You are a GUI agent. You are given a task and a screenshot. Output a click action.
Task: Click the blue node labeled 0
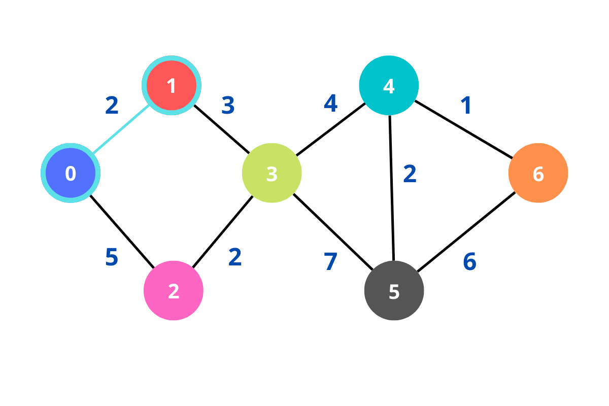[x=71, y=173]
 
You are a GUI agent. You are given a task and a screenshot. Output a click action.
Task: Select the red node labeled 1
[x=172, y=85]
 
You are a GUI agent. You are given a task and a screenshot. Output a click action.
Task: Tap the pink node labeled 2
[x=174, y=290]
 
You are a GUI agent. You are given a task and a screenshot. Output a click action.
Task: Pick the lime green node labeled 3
[x=272, y=173]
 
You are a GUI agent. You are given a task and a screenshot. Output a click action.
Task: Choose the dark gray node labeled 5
[x=394, y=290]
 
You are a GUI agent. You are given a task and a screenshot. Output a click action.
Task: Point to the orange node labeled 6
[x=538, y=173]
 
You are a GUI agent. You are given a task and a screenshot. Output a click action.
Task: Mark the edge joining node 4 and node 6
[x=463, y=129]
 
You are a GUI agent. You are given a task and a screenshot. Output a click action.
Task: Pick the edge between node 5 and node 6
[x=466, y=232]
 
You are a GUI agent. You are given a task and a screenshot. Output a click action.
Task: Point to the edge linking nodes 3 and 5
[x=333, y=231]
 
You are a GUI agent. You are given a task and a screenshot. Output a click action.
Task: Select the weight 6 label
[x=469, y=262]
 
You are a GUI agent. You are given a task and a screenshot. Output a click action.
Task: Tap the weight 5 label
[x=112, y=257]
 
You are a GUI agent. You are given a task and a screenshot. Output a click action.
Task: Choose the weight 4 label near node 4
[x=330, y=104]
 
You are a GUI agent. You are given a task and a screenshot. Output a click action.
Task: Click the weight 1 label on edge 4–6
[x=466, y=106]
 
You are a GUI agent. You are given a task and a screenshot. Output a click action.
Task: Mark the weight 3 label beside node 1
[x=228, y=106]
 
